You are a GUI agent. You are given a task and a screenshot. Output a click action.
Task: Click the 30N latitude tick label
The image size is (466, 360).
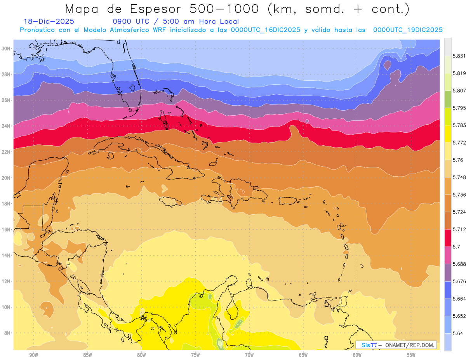(x=6, y=49)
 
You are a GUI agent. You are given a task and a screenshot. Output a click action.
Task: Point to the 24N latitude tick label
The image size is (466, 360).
(x=6, y=126)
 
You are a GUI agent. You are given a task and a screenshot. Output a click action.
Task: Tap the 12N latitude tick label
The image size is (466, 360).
(x=6, y=281)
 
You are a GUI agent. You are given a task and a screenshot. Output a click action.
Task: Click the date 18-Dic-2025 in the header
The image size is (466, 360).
(x=49, y=21)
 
